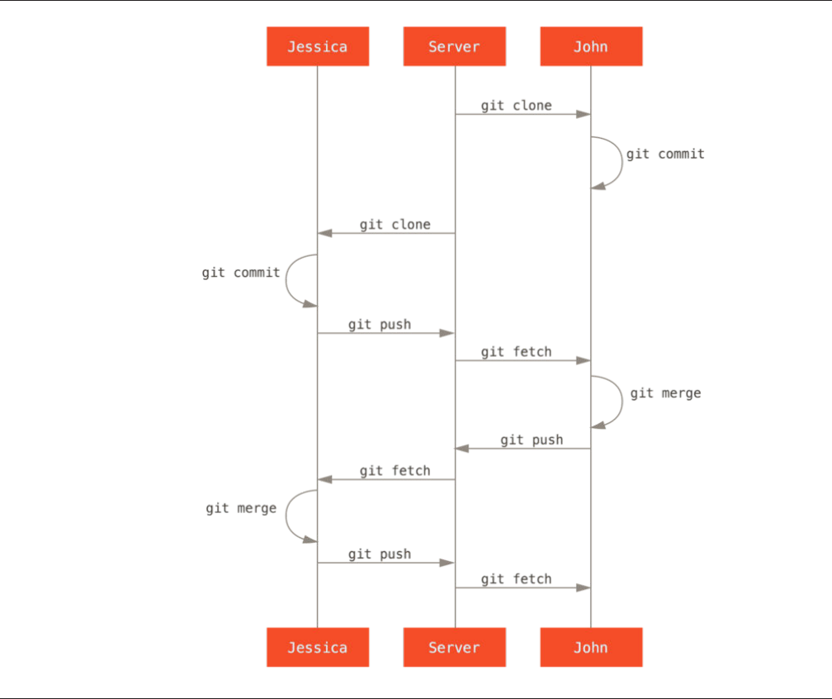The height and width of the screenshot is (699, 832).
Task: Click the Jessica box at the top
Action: pyautogui.click(x=317, y=46)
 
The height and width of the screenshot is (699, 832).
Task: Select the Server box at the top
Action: pyautogui.click(x=454, y=46)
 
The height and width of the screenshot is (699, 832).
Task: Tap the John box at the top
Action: pyautogui.click(x=591, y=46)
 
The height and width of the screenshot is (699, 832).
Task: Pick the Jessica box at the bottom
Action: pyautogui.click(x=317, y=647)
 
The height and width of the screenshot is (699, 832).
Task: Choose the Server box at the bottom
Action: pyautogui.click(x=454, y=647)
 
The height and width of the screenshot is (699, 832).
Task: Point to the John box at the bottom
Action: pyautogui.click(x=591, y=647)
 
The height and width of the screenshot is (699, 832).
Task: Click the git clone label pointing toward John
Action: pyautogui.click(x=516, y=106)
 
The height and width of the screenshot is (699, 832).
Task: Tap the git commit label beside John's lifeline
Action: pyautogui.click(x=665, y=154)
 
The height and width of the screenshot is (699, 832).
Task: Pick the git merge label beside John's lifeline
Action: pyautogui.click(x=665, y=393)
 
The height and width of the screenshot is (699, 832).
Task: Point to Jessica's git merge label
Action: pyautogui.click(x=241, y=508)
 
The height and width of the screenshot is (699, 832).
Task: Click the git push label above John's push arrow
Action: pyautogui.click(x=532, y=440)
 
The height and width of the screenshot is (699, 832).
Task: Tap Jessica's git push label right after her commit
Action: pyautogui.click(x=379, y=325)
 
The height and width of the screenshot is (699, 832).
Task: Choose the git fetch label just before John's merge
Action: pyautogui.click(x=516, y=352)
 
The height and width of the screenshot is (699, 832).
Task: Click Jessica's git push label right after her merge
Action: pyautogui.click(x=379, y=554)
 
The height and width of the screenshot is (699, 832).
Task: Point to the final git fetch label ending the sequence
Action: pyautogui.click(x=516, y=579)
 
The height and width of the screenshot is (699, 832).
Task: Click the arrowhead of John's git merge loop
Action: pyautogui.click(x=598, y=426)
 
